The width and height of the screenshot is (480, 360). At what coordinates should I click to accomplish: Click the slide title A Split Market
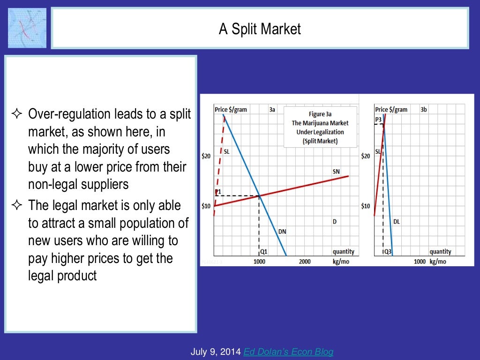[260, 30]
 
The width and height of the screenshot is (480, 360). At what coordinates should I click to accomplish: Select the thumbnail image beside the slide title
[27, 28]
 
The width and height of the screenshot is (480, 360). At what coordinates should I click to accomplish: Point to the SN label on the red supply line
[336, 172]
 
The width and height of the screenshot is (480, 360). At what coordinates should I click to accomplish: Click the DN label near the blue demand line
[282, 231]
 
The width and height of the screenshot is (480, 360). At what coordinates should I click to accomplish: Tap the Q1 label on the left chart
[264, 251]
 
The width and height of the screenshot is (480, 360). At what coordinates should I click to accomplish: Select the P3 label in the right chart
[378, 120]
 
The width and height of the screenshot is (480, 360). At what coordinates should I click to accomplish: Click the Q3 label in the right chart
[388, 252]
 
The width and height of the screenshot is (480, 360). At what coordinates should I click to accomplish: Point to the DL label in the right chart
[397, 221]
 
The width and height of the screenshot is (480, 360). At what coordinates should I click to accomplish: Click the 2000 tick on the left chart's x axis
[305, 262]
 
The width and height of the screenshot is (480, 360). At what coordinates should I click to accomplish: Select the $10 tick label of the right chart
[366, 206]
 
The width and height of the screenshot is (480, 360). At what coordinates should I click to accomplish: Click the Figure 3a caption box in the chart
[320, 127]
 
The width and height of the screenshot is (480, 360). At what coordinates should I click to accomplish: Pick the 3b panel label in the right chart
[423, 110]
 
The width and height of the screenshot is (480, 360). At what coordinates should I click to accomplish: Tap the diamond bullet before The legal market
[18, 205]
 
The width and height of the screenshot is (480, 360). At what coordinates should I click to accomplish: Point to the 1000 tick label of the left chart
[259, 262]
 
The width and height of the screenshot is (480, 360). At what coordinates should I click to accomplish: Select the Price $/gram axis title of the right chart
[391, 110]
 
